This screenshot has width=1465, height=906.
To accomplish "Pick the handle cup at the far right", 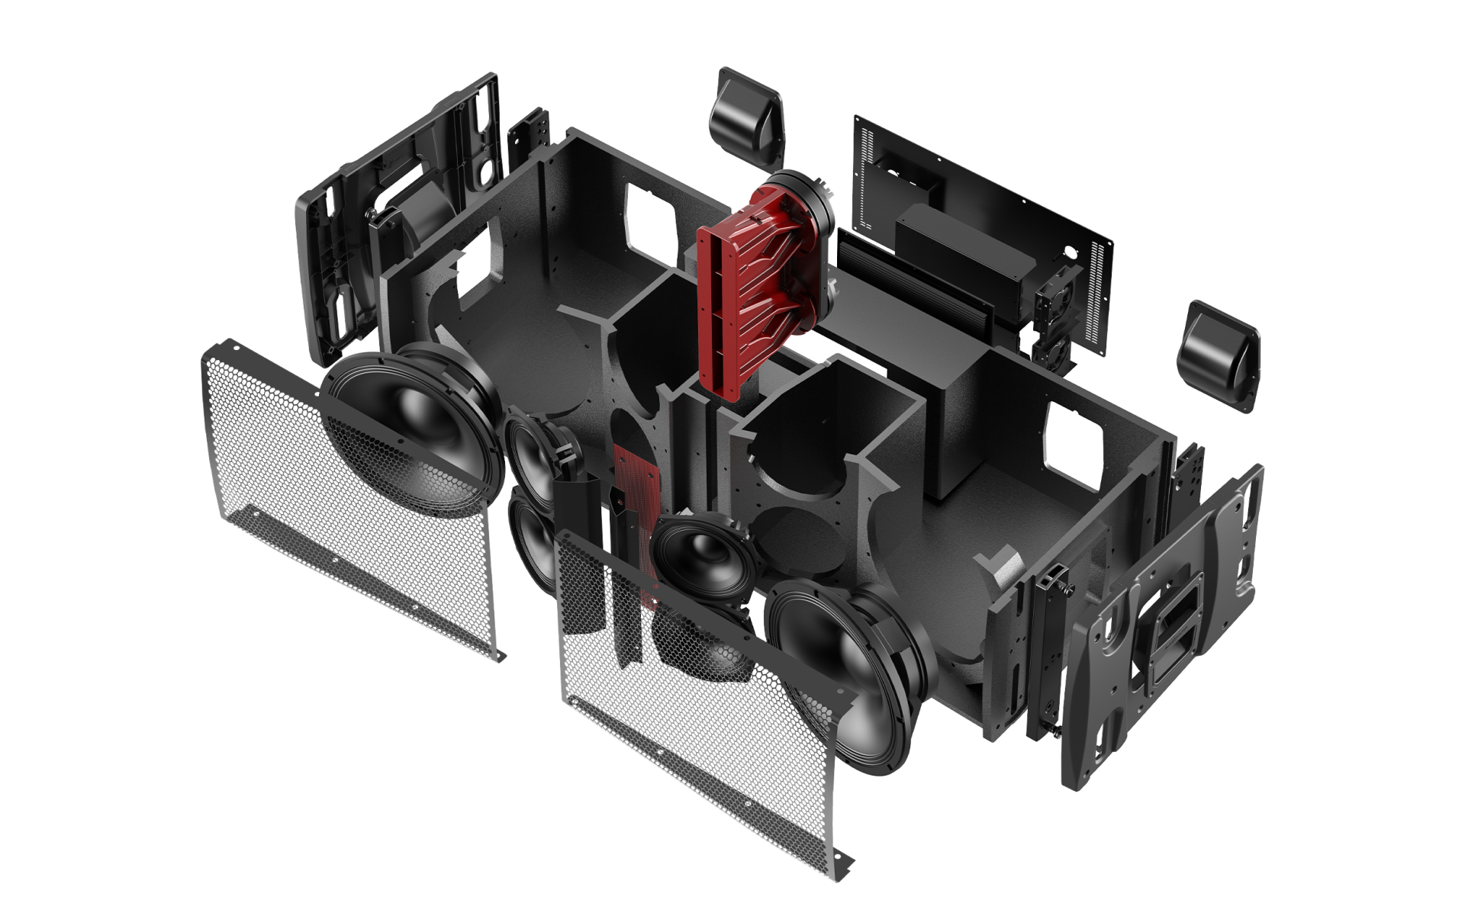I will pyautogui.click(x=1218, y=355).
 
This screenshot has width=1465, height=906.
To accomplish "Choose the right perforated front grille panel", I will pyautogui.click(x=687, y=709).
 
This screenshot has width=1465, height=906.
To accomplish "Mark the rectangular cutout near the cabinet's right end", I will pyautogui.click(x=1076, y=442).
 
